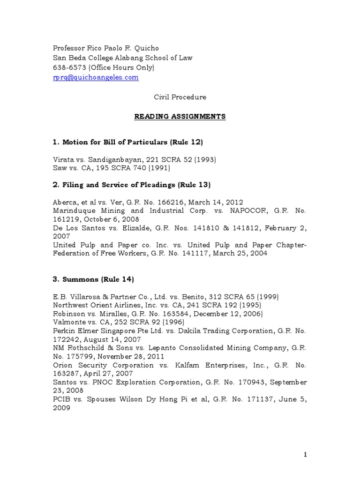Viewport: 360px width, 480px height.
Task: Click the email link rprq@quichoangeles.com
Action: pyautogui.click(x=95, y=78)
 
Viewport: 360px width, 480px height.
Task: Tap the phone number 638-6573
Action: pyautogui.click(x=67, y=68)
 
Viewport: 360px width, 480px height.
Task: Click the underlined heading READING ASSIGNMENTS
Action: pyautogui.click(x=180, y=116)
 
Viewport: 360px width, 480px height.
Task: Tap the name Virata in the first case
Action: pyautogui.click(x=63, y=159)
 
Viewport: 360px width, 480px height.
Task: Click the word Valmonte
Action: pyautogui.click(x=70, y=322)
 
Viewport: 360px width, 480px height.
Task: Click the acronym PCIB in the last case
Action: pyautogui.click(x=61, y=399)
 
